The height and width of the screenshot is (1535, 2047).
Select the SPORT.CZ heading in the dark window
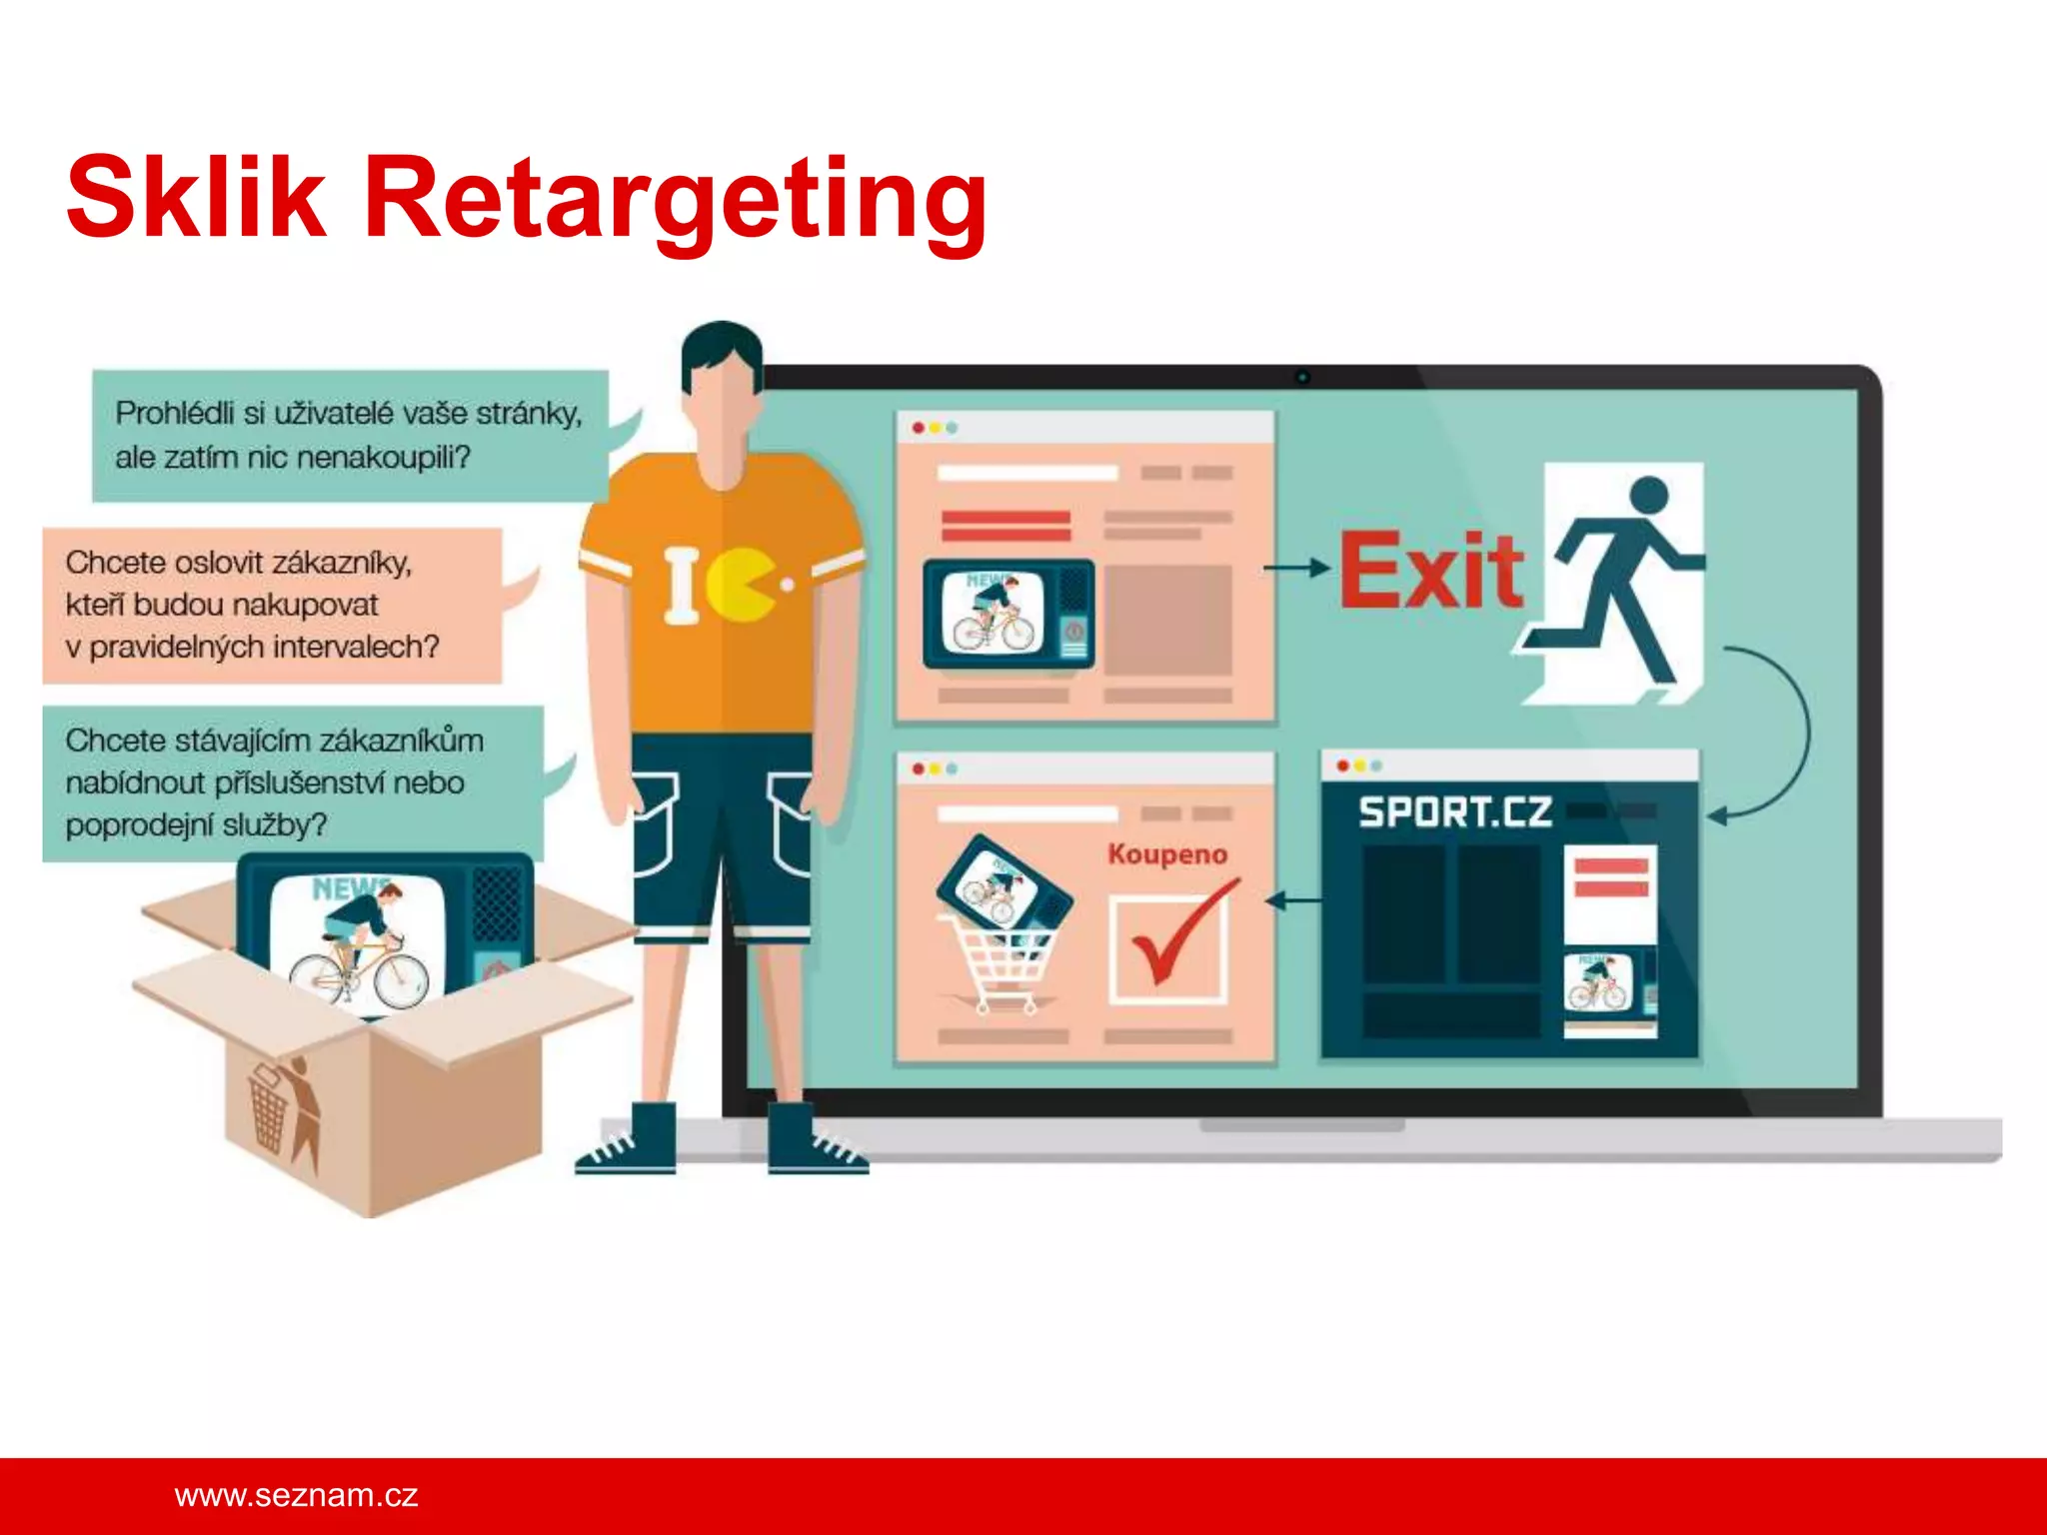point(1454,811)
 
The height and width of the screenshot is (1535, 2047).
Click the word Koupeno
point(1167,854)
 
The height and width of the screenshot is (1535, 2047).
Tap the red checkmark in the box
point(1179,934)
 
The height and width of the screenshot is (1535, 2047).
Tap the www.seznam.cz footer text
point(296,1495)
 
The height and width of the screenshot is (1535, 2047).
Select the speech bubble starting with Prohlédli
point(349,435)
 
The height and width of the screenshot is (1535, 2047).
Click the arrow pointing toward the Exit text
point(1295,568)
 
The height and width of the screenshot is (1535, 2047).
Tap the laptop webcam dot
point(1302,377)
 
